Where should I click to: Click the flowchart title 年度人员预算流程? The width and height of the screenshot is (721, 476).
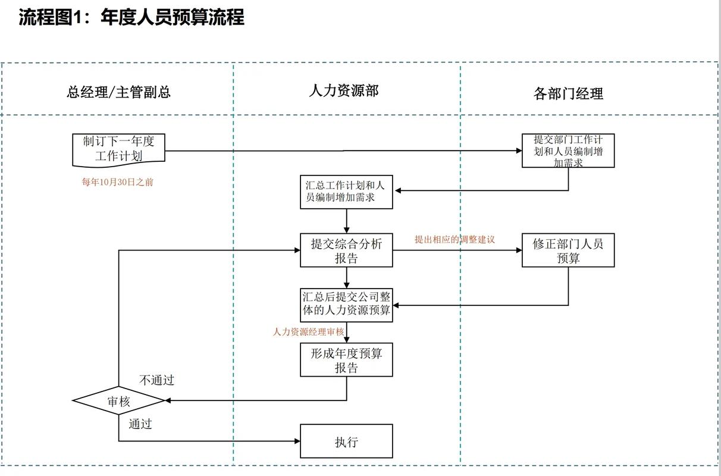pyautogui.click(x=131, y=17)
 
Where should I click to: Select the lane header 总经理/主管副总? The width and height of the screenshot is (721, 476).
pyautogui.click(x=118, y=92)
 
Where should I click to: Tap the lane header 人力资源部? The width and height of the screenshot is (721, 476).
pyautogui.click(x=343, y=90)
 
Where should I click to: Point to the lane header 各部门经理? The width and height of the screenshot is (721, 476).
pyautogui.click(x=568, y=93)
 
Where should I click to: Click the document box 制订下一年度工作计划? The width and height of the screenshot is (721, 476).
pyautogui.click(x=118, y=149)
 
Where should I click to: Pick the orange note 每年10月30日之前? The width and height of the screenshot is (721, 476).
pyautogui.click(x=117, y=182)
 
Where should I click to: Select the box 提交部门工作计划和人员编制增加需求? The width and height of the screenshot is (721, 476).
pyautogui.click(x=568, y=151)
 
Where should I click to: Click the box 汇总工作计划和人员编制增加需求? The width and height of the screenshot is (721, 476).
pyautogui.click(x=346, y=192)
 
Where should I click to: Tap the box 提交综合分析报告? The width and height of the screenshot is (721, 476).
pyautogui.click(x=346, y=250)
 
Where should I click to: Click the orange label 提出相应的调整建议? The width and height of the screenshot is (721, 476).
pyautogui.click(x=454, y=239)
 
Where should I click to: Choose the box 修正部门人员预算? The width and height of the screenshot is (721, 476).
pyautogui.click(x=568, y=250)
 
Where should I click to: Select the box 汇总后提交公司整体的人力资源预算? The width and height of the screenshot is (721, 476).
pyautogui.click(x=346, y=305)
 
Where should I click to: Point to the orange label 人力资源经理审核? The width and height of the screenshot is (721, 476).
pyautogui.click(x=308, y=332)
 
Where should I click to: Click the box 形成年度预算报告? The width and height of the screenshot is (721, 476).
pyautogui.click(x=346, y=360)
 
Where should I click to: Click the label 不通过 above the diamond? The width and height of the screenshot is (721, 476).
pyautogui.click(x=156, y=380)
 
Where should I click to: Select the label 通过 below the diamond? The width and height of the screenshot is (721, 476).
pyautogui.click(x=140, y=424)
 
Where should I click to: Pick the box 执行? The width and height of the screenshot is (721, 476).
pyautogui.click(x=346, y=441)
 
